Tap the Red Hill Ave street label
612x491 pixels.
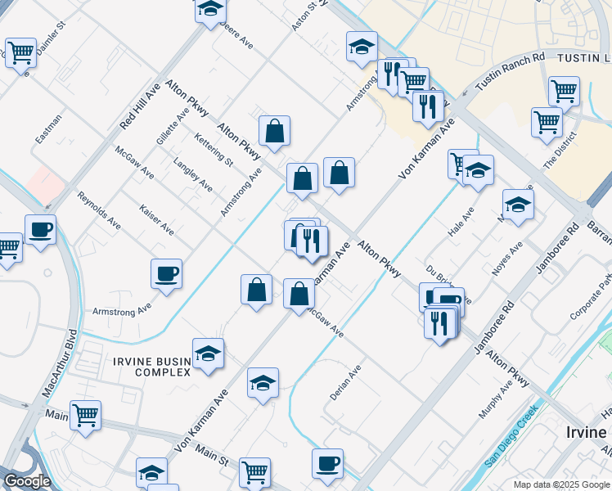140,106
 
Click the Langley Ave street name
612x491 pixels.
193,174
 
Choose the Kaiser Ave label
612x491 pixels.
155,219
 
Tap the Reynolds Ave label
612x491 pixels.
99,209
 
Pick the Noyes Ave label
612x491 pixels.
506,259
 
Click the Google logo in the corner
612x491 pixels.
27,481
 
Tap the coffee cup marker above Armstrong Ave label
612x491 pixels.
167,274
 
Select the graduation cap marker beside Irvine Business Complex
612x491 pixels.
209,354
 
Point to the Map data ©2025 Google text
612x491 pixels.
561,484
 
